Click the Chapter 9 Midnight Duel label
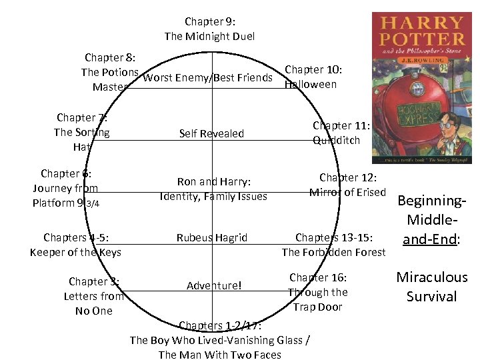point(209,29)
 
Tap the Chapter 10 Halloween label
point(313,77)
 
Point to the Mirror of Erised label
point(347,185)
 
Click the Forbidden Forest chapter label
point(333,245)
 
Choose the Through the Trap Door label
point(318,292)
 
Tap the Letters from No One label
point(93,296)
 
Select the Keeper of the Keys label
point(75,245)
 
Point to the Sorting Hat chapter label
point(82,132)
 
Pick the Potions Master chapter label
point(110,72)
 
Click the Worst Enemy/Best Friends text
point(208,78)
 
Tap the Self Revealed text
point(211,133)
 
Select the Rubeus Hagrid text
point(211,237)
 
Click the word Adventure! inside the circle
point(214,285)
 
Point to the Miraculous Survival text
point(432,287)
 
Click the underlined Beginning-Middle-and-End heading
point(431,220)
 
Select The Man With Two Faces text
point(220,354)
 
